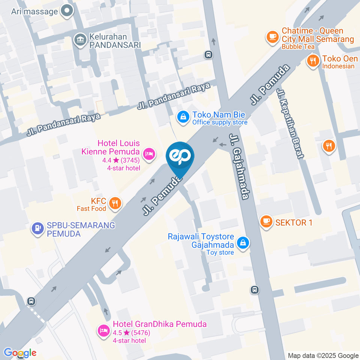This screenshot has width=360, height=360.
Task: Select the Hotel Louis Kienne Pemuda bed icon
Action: (x=149, y=153)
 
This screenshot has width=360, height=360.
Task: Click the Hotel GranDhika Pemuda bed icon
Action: (x=103, y=330)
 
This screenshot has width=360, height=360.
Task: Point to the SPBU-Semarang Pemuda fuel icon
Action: (x=37, y=228)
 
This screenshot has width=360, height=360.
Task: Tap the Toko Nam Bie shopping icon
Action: (x=183, y=117)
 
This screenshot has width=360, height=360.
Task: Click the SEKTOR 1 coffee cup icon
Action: (x=266, y=222)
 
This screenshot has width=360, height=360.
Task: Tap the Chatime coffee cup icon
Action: (x=272, y=37)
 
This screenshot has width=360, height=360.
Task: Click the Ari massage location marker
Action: (x=67, y=11)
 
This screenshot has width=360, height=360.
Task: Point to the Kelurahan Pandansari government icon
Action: (x=79, y=40)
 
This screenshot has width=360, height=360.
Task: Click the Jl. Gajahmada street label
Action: (x=240, y=166)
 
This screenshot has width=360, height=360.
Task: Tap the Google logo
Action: (x=20, y=352)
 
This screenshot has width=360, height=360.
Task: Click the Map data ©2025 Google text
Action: (x=323, y=355)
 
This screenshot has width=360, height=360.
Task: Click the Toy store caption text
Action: (x=220, y=252)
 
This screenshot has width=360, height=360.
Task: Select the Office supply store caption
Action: (x=220, y=122)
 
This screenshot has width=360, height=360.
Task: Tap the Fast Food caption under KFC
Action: (x=91, y=208)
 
